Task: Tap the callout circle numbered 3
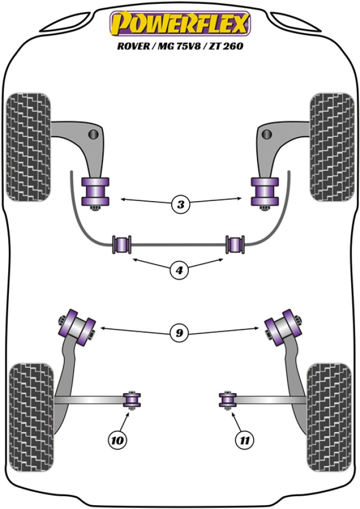[180, 205]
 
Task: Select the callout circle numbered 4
[180, 271]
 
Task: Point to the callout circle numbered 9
[180, 333]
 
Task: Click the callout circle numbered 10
[117, 441]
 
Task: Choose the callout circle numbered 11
[244, 441]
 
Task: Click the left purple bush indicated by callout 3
[95, 191]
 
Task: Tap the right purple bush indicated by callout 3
[265, 191]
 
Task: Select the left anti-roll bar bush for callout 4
[122, 244]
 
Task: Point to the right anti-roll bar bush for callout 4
[237, 244]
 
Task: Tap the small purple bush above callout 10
[132, 399]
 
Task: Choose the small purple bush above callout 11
[228, 399]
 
